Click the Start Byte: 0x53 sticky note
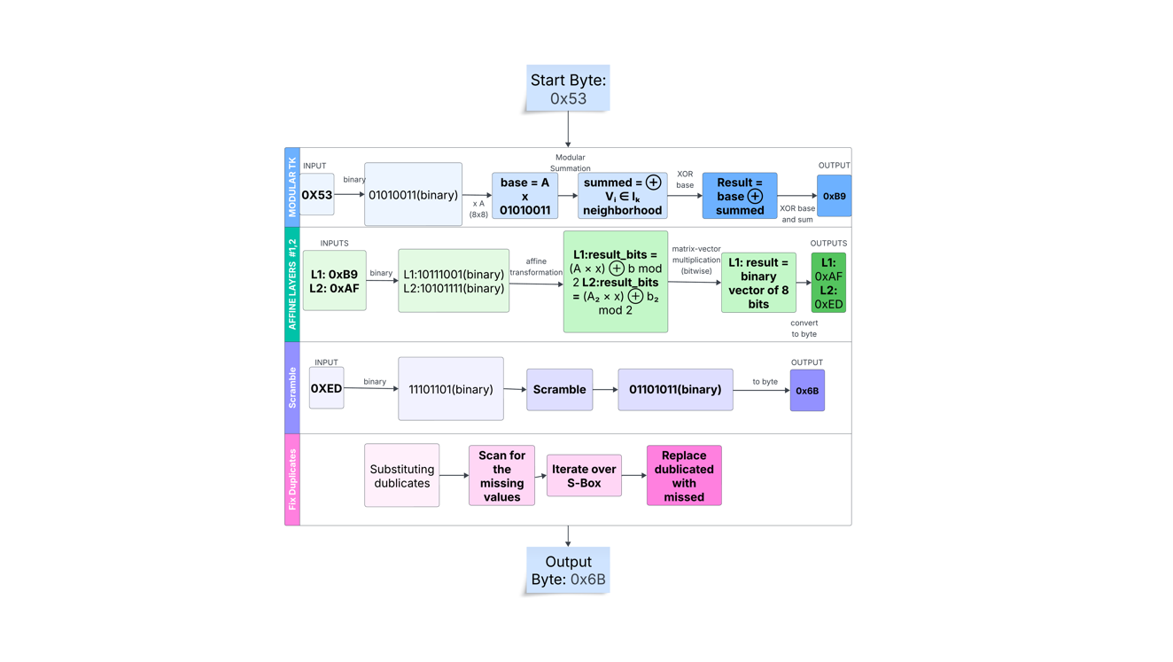[x=568, y=89]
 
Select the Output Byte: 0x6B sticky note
[x=568, y=571]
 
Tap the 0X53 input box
[x=317, y=195]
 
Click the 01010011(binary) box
[x=413, y=194]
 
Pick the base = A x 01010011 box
[x=524, y=196]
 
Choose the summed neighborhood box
[x=622, y=196]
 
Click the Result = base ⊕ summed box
[x=739, y=196]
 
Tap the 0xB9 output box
[x=834, y=196]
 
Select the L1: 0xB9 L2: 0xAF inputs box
[x=334, y=281]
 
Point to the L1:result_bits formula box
[x=615, y=282]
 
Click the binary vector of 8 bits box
[x=758, y=283]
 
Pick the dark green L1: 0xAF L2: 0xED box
[x=828, y=283]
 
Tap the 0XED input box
[x=326, y=388]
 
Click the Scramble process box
[x=559, y=389]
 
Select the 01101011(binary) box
[x=675, y=389]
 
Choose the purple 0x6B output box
[x=807, y=390]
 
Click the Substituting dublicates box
[x=401, y=476]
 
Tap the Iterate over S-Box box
[x=584, y=476]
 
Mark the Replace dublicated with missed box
[x=684, y=476]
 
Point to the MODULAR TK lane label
[x=292, y=187]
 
